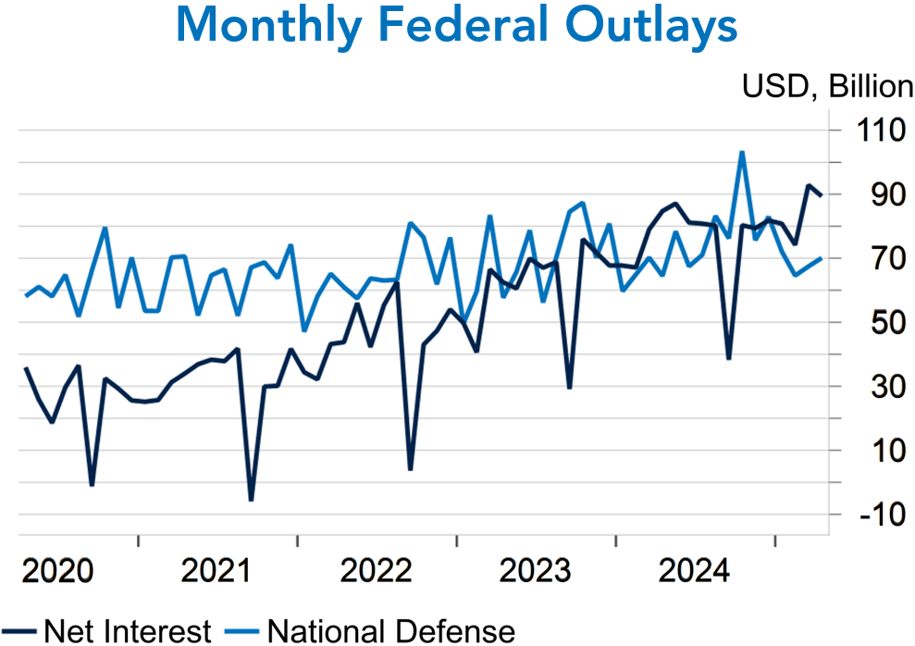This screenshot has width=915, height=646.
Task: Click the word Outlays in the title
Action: click(651, 27)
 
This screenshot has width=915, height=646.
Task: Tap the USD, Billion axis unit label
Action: click(826, 87)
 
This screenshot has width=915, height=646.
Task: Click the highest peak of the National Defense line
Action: click(741, 153)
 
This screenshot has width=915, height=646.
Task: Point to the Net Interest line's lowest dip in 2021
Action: click(251, 500)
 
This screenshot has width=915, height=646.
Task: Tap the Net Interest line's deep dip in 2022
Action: click(410, 469)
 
